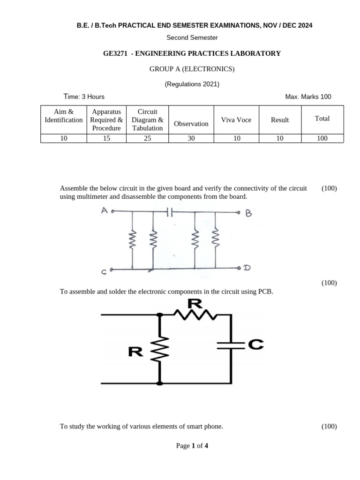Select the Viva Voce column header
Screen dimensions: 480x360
236,120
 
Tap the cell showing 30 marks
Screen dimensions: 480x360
191,138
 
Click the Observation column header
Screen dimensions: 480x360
191,124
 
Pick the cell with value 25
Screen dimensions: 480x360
147,138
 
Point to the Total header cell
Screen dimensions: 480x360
322,119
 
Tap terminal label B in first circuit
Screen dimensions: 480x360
249,214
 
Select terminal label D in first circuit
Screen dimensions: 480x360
247,268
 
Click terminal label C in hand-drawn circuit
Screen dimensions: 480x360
103,271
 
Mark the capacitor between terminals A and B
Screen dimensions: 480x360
170,212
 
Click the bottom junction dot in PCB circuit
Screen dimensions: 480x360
160,383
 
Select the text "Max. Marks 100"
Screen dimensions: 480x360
308,97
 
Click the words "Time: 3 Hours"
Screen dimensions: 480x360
84,97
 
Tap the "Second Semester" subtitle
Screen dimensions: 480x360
192,37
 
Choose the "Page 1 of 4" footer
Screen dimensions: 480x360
192,446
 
